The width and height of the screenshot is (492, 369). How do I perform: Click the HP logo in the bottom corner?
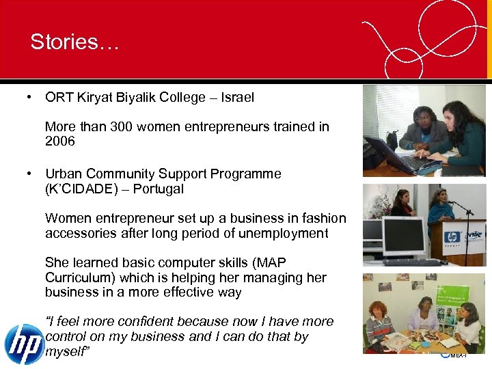[23, 344]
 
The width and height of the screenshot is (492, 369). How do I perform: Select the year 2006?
[59, 141]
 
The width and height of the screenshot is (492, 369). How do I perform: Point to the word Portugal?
[159, 189]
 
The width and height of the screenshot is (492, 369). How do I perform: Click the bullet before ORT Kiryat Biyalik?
[31, 97]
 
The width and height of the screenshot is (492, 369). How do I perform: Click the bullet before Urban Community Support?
[31, 174]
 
